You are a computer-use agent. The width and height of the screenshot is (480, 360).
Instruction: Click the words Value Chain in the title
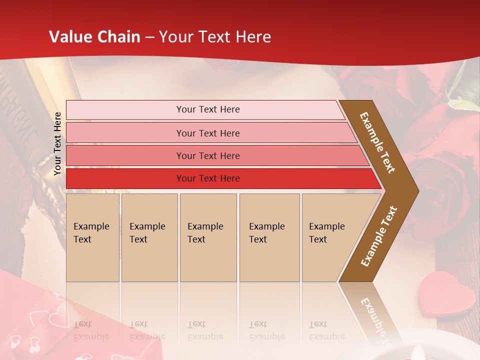[94, 37]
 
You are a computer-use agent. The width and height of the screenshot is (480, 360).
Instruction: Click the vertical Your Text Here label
[57, 143]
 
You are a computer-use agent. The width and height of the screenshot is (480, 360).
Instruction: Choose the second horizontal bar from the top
[207, 133]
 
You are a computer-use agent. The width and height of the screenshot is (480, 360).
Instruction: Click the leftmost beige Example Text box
[92, 237]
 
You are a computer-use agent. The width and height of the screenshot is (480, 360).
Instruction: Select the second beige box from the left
[149, 237]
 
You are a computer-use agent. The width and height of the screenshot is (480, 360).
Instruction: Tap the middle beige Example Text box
[208, 237]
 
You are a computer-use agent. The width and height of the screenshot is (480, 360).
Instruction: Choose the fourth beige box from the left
[269, 237]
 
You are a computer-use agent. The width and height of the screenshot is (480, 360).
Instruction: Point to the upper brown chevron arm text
[377, 142]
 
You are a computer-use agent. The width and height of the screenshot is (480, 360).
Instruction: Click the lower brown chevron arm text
[379, 236]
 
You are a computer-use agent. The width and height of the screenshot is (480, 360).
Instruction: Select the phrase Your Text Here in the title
[215, 37]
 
